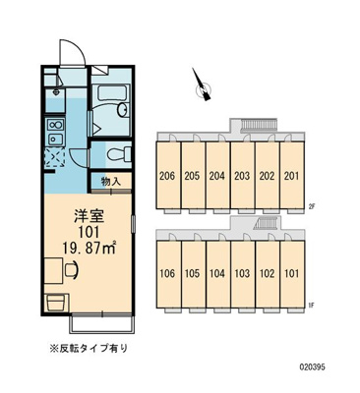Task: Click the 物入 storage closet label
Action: pos(112,181)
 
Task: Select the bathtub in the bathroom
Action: pos(109,98)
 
